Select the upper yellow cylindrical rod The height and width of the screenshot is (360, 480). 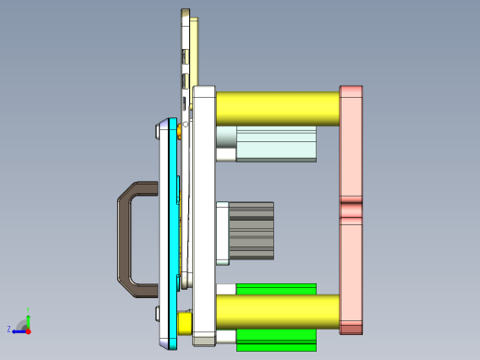tap(277, 109)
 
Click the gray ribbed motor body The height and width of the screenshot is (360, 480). tap(251, 231)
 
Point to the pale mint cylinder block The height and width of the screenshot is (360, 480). tap(275, 144)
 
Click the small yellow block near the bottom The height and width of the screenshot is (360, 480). tap(184, 323)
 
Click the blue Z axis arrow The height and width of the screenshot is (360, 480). tap(18, 330)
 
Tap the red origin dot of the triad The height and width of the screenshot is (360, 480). tap(28, 330)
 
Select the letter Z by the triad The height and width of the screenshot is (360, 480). tap(8, 329)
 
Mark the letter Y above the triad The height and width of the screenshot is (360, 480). tap(30, 309)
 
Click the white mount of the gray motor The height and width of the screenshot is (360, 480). tap(222, 231)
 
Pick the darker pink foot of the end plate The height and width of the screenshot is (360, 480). tap(351, 327)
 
